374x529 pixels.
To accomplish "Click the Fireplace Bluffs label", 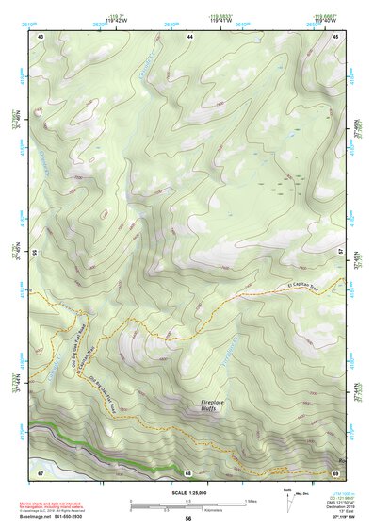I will [x=214, y=405].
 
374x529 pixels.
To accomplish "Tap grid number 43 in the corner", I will [x=41, y=36].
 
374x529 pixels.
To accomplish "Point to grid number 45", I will [x=336, y=36].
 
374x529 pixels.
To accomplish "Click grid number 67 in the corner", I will [x=41, y=471].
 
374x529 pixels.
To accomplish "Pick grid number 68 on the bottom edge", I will [x=187, y=472].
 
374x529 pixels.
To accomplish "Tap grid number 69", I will [x=335, y=471].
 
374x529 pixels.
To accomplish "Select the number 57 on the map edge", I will [x=342, y=252].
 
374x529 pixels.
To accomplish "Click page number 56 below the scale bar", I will [x=188, y=519].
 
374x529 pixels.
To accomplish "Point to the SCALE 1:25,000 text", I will [x=188, y=492].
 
